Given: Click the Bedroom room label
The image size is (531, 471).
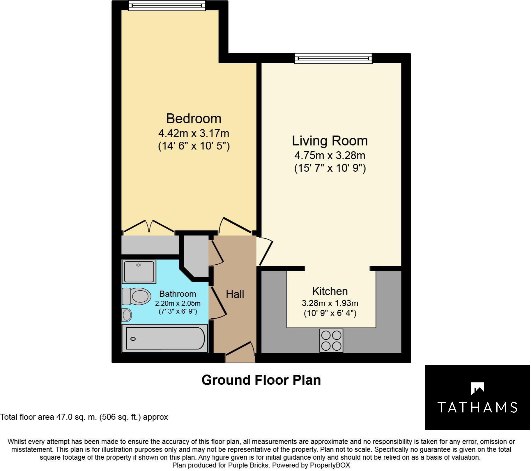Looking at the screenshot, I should (x=194, y=119).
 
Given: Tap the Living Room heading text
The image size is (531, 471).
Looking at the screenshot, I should (x=330, y=141).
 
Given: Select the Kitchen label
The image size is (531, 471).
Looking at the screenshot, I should (x=330, y=291).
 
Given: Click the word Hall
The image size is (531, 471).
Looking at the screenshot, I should (x=235, y=294).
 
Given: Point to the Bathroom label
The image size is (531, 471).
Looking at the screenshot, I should (x=178, y=294).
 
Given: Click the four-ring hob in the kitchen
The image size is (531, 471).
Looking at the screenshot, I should (x=331, y=340).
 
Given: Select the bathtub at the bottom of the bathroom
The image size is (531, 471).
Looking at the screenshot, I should (x=165, y=338).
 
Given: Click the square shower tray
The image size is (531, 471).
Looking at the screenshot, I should (x=139, y=272).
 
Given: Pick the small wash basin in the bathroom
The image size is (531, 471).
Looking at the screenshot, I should (x=127, y=315).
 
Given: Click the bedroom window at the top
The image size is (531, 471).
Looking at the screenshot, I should (x=167, y=5).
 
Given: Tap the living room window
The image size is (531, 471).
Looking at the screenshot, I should (x=333, y=58).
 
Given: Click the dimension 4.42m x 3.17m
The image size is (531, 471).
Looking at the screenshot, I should (x=194, y=133).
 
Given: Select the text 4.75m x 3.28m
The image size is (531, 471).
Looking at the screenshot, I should (x=330, y=156).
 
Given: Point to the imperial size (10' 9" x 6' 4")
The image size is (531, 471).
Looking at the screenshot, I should (x=330, y=313).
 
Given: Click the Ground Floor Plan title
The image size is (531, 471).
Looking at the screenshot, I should (x=261, y=380).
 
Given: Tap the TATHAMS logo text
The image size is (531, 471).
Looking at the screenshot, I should (x=477, y=407).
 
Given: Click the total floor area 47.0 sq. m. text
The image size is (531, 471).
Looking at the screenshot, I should (x=84, y=417).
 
